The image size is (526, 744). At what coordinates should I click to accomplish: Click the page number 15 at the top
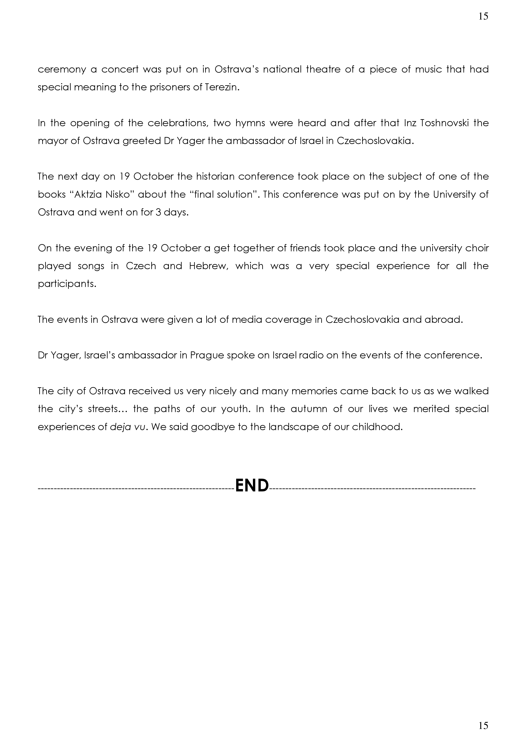tap(483, 16)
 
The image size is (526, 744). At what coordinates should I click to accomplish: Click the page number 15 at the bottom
tap(483, 725)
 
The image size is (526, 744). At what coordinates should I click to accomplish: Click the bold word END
tap(252, 485)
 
